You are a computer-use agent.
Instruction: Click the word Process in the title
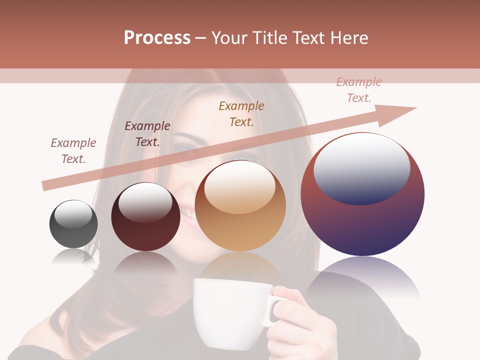coord(157,37)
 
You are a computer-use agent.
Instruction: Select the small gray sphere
coord(73,230)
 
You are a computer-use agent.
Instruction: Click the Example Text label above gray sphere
coord(73,150)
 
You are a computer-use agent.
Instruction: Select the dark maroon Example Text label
coord(147,133)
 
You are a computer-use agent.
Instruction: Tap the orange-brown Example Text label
coord(241,113)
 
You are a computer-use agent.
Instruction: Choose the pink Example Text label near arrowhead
coord(358,89)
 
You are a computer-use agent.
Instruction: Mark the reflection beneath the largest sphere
coord(362,280)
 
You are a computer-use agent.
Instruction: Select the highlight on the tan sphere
coord(240,187)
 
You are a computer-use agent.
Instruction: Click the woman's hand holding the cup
coord(300,320)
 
